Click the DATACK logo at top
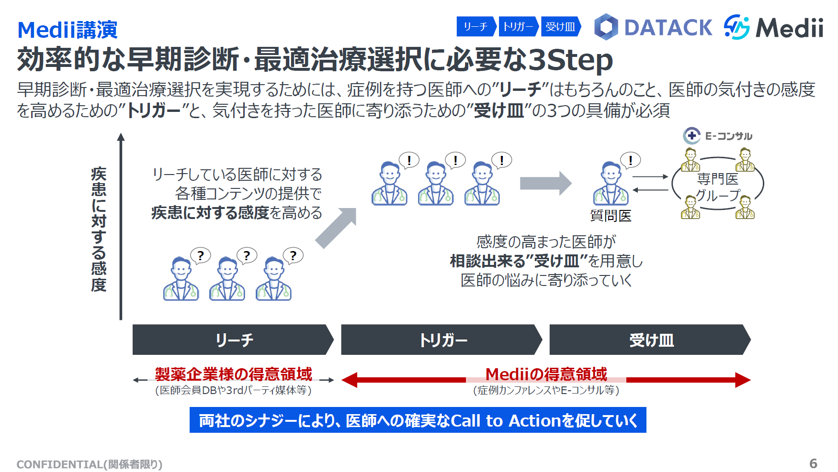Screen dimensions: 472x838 (654, 27)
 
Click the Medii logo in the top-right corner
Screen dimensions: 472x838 (773, 27)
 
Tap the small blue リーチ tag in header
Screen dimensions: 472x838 (476, 27)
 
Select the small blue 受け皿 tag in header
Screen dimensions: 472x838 (560, 27)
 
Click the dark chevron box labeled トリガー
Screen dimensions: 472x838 (442, 340)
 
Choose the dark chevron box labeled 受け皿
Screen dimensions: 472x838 (650, 340)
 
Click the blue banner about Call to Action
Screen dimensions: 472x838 (418, 420)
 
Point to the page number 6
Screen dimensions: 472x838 (813, 463)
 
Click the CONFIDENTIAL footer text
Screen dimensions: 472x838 (90, 464)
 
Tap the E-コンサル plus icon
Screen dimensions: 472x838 (691, 136)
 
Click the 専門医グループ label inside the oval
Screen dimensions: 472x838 (717, 187)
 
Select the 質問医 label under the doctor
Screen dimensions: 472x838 (611, 216)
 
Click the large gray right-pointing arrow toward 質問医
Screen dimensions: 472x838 (546, 183)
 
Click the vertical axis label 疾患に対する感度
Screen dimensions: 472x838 (99, 229)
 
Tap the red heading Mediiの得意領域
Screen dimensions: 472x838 (546, 374)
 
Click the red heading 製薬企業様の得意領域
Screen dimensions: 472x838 (233, 374)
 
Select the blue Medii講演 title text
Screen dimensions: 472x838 (67, 30)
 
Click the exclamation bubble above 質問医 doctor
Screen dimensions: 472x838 (630, 160)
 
